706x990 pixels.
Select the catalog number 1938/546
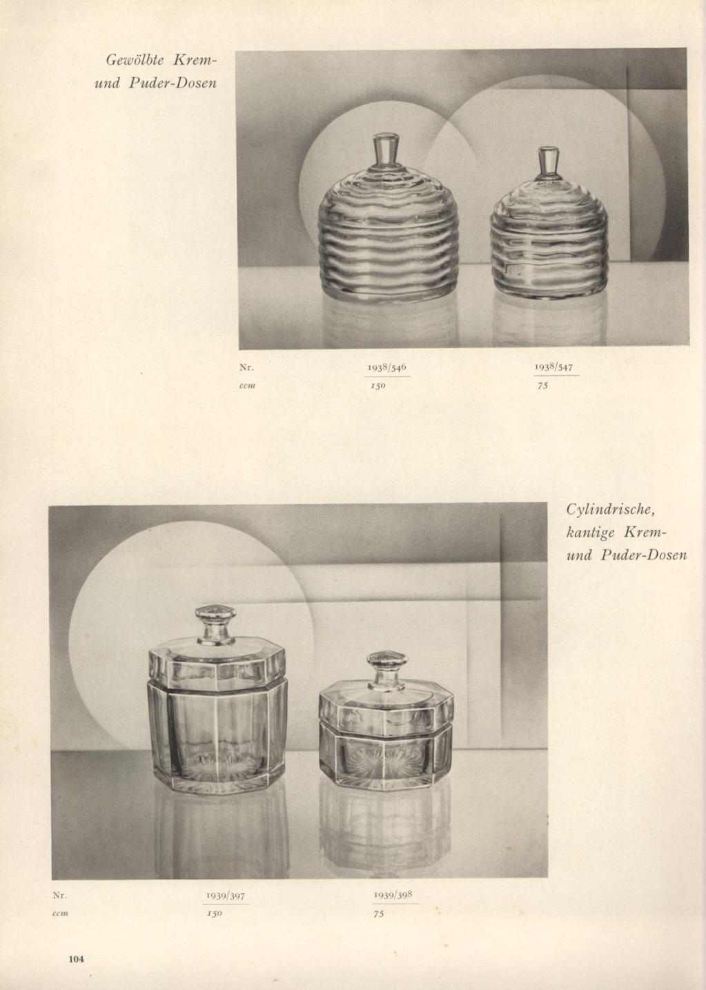coord(387,367)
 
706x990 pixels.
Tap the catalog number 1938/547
coord(554,367)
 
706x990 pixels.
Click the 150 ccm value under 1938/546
coord(378,386)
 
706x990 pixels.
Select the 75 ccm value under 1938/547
coord(543,386)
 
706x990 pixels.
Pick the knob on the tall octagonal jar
coord(216,624)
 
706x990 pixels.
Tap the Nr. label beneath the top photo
coord(246,368)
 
